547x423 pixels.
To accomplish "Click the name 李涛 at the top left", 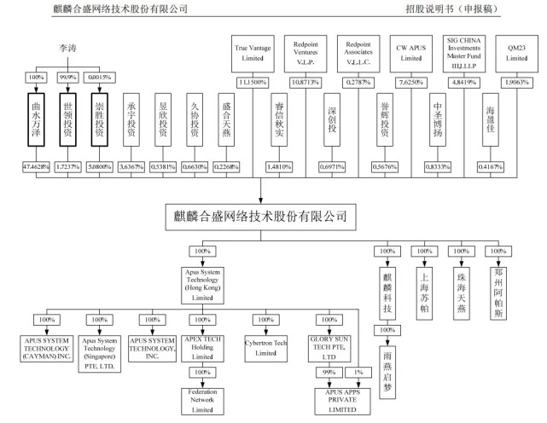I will point(69,49).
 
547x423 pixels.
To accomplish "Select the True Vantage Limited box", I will point(253,52).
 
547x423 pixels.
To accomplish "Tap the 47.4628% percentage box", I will point(36,165).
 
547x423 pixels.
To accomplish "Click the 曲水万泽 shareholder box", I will point(36,120).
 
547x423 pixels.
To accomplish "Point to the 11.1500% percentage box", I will point(253,82).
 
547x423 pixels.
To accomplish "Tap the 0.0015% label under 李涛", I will point(102,77).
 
